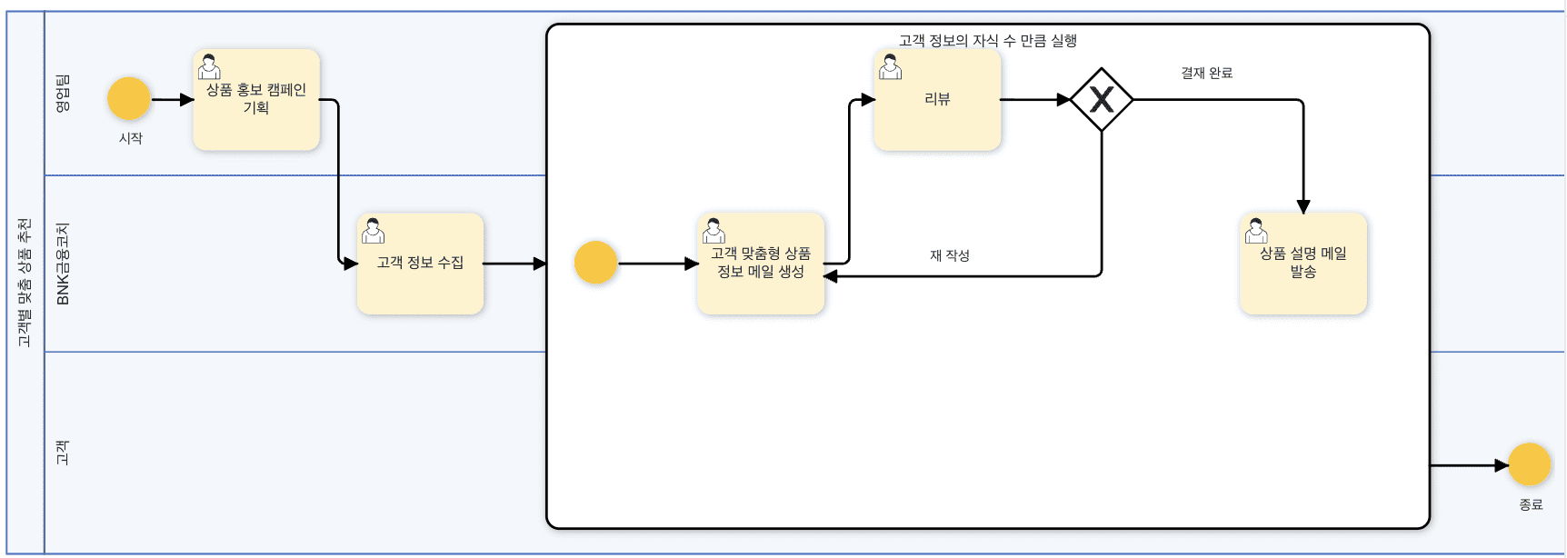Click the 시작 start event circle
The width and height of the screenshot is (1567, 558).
pos(129,99)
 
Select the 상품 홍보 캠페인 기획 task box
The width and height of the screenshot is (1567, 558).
pos(256,100)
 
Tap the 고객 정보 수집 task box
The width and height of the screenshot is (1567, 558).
pos(420,264)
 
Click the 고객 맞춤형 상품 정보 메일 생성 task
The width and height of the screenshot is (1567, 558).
pos(761,264)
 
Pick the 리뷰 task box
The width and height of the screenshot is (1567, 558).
pos(937,100)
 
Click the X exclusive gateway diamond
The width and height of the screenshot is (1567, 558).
pos(1102,100)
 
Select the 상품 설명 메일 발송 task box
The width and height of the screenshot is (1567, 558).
pos(1303,264)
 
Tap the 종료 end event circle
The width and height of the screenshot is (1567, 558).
pos(1530,465)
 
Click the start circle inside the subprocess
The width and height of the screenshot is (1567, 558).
pos(596,263)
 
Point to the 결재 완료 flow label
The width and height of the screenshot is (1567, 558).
pos(1206,73)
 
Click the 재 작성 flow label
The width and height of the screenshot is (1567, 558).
pos(950,255)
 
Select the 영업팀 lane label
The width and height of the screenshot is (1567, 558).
pos(63,94)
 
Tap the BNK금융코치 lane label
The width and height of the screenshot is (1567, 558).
pos(63,264)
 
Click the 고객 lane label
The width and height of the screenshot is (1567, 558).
pos(63,453)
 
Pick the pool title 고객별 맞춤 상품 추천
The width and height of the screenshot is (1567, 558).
pos(25,282)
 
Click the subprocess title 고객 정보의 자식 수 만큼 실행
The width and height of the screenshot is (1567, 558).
pos(988,40)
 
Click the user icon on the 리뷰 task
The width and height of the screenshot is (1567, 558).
pos(891,66)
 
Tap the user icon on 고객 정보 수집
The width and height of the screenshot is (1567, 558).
pos(373,230)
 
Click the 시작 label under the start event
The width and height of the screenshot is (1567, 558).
pos(131,138)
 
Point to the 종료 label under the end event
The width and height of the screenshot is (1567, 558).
pos(1531,504)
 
